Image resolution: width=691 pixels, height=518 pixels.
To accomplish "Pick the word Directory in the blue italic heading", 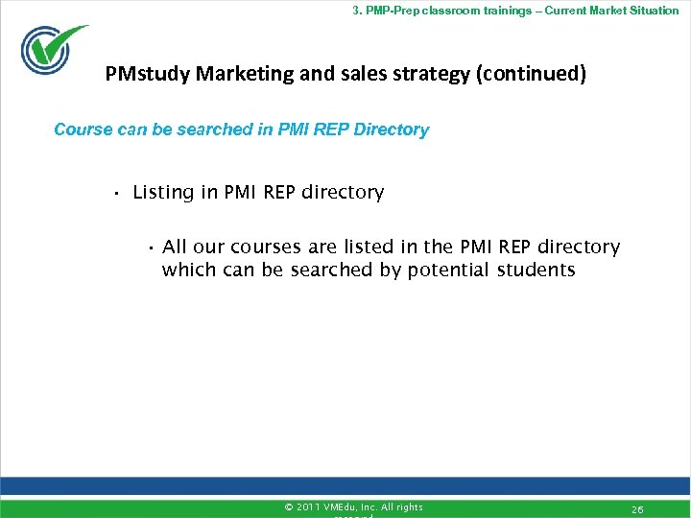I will (391, 129).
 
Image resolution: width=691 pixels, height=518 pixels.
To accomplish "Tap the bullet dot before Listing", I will (114, 194).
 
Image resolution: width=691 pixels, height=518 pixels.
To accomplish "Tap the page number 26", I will (637, 508).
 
